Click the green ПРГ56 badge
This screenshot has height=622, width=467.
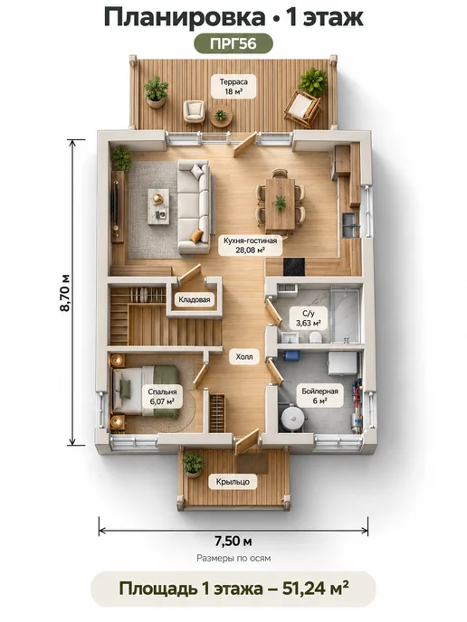pyautogui.click(x=233, y=43)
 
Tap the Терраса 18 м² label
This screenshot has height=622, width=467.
pyautogui.click(x=233, y=87)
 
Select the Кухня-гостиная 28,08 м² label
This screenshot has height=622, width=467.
pyautogui.click(x=250, y=245)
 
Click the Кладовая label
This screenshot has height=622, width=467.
pyautogui.click(x=195, y=299)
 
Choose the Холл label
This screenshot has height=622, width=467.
pyautogui.click(x=244, y=356)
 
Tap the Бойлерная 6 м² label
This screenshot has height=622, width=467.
pyautogui.click(x=320, y=395)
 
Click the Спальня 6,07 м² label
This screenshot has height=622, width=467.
pyautogui.click(x=162, y=396)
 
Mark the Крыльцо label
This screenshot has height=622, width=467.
pyautogui.click(x=233, y=482)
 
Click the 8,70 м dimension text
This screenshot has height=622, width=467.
pyautogui.click(x=65, y=293)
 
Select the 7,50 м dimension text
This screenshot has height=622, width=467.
pyautogui.click(x=233, y=541)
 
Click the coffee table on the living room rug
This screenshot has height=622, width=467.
pyautogui.click(x=158, y=206)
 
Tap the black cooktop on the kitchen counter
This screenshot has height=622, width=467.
pyautogui.click(x=294, y=266)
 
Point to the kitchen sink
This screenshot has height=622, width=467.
pyautogui.click(x=351, y=225)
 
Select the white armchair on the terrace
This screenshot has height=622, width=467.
pyautogui.click(x=195, y=111)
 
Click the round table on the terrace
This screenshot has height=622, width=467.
pyautogui.click(x=221, y=116)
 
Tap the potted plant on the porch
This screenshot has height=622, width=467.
pyautogui.click(x=193, y=464)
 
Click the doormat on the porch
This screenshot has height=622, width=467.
pyautogui.click(x=253, y=463)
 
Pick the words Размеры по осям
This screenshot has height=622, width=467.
pyautogui.click(x=233, y=558)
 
